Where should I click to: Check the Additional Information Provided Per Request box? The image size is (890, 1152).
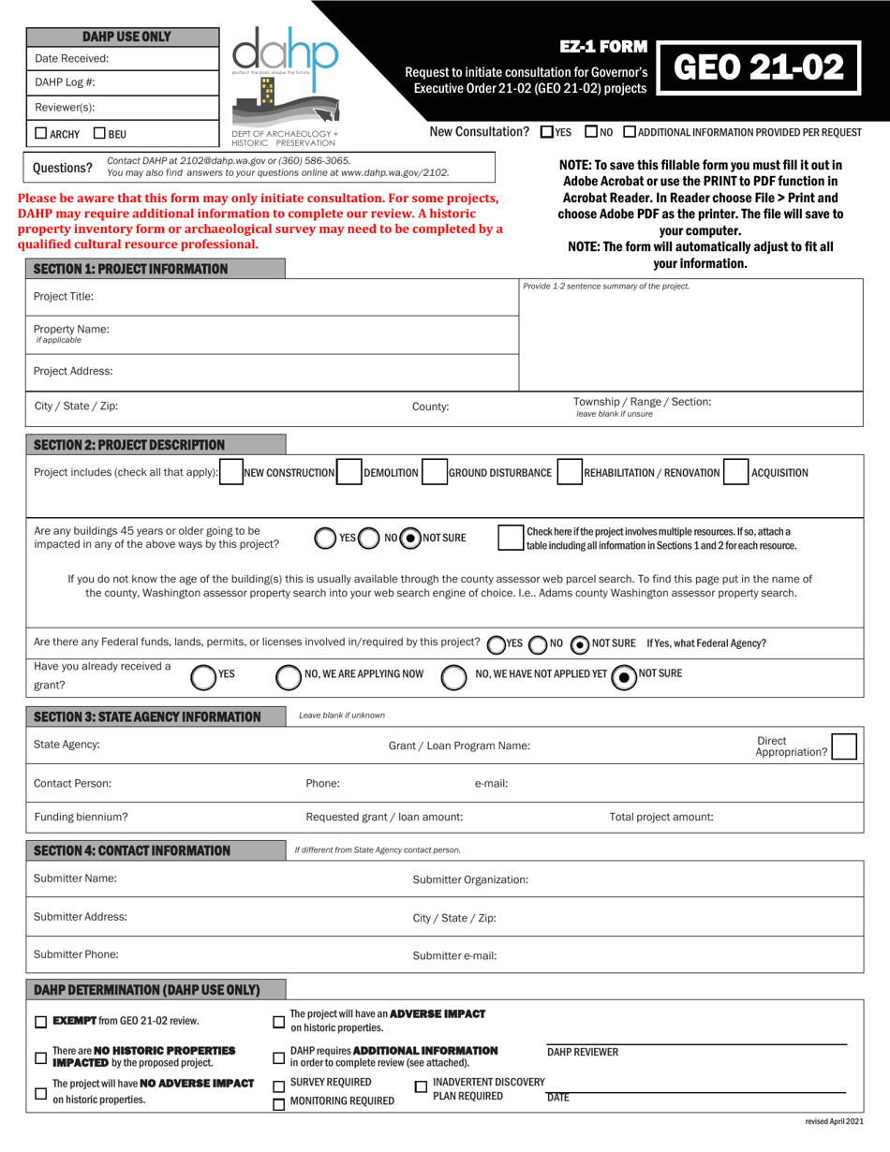coord(629,133)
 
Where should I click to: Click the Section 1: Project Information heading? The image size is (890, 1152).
coord(130,269)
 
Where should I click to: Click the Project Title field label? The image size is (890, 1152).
coord(64,297)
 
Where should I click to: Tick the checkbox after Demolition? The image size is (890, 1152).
coord(434,473)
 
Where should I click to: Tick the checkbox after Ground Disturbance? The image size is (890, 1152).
coord(570,473)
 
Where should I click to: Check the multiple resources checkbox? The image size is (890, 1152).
coord(511,539)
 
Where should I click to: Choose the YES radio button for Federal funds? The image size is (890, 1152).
coord(495,644)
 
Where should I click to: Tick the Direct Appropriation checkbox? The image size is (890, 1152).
coord(843,746)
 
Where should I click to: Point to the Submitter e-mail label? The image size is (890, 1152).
coord(454,956)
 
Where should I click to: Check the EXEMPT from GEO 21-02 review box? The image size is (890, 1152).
coord(40,1023)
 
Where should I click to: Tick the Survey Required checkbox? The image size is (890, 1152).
coord(278,1086)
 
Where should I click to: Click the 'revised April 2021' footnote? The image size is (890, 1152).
coord(834,1122)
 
